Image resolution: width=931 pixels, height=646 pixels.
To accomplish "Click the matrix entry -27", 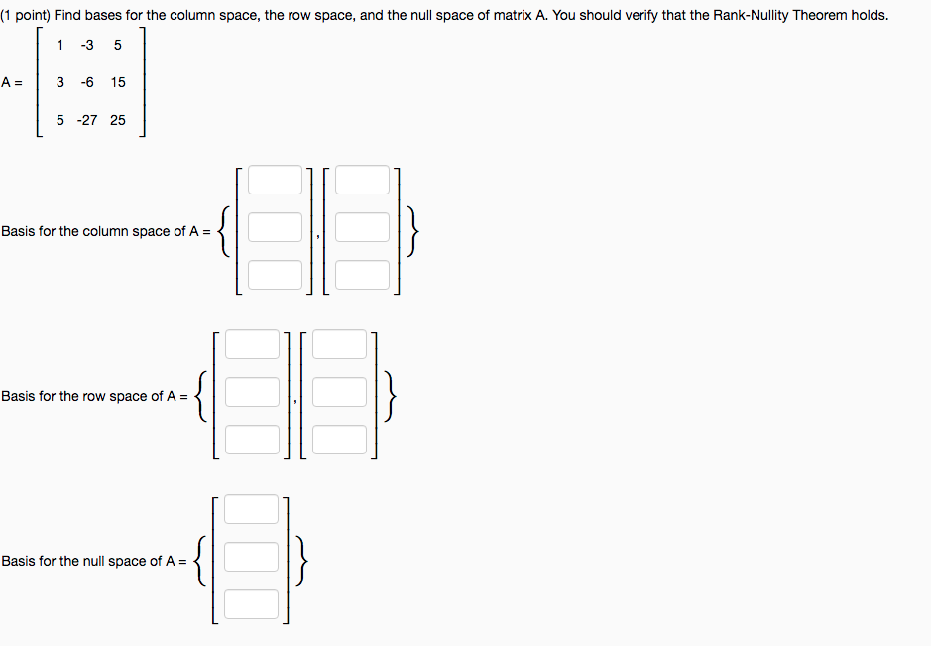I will tap(87, 120).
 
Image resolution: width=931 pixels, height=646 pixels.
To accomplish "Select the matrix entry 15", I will tap(118, 82).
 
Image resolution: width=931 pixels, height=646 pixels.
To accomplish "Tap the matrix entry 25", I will tap(118, 120).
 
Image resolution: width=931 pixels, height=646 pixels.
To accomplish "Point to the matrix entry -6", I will tap(87, 82).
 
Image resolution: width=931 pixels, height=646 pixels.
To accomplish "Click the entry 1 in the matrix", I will tap(60, 45).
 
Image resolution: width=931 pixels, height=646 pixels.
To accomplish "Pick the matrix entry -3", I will tap(87, 45).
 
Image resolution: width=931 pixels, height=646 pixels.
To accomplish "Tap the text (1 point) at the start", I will tap(27, 16).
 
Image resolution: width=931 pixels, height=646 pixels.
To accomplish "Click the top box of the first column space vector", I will tap(275, 181).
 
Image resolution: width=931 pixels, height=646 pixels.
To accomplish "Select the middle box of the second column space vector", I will tap(362, 227).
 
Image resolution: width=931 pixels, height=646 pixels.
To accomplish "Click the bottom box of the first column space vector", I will tap(275, 274).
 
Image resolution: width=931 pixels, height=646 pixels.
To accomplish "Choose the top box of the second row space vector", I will tap(339, 344).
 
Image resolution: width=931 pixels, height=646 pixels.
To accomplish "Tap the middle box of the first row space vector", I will tap(252, 392).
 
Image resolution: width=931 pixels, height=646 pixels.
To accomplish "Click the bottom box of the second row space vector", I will tap(339, 439).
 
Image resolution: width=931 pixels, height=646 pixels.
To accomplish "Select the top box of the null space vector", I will tap(251, 509).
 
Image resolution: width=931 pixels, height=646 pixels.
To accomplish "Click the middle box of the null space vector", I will tap(251, 557).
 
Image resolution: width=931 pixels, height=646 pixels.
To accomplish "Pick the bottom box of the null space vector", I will tap(251, 603).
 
